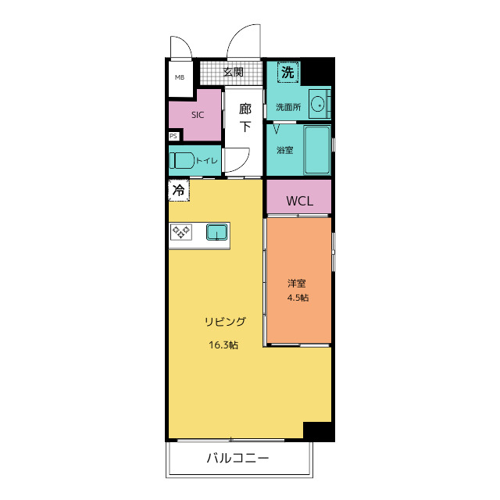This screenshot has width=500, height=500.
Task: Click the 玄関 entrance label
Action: click(233, 73)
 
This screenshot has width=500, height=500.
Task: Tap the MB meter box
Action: click(180, 77)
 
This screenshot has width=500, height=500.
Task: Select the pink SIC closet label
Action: click(198, 114)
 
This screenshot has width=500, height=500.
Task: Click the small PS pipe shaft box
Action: click(173, 136)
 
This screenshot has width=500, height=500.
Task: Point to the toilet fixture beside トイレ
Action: click(182, 160)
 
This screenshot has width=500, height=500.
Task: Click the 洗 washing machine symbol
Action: click(288, 73)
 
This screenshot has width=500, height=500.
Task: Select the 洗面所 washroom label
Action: click(287, 107)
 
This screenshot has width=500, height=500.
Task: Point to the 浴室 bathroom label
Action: click(284, 150)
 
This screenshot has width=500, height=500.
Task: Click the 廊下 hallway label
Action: click(245, 117)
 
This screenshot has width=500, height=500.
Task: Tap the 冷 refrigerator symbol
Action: click(178, 189)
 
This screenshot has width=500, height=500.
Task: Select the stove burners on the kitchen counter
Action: click(182, 231)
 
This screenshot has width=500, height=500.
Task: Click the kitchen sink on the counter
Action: click(216, 231)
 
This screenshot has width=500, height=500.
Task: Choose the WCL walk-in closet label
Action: click(299, 201)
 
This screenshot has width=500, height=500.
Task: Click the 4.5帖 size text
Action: click(297, 298)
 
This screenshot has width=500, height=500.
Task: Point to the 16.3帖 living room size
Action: click(223, 344)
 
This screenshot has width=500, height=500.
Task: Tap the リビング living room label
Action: click(226, 321)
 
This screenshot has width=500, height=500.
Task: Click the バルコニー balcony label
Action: click(238, 458)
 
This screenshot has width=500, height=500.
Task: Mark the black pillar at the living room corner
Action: click(317, 430)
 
